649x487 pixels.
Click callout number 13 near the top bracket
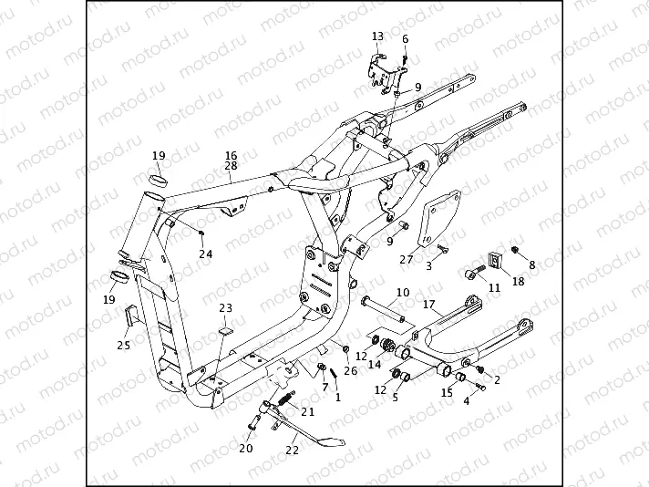click(x=378, y=36)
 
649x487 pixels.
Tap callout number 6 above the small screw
click(x=406, y=39)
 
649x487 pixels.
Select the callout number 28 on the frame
click(x=231, y=166)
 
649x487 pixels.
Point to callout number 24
click(x=205, y=254)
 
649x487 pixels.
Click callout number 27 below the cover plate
click(x=407, y=259)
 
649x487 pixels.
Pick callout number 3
click(x=429, y=265)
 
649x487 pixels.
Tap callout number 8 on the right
click(x=533, y=264)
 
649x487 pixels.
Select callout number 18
click(x=518, y=282)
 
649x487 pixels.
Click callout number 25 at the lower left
click(x=123, y=345)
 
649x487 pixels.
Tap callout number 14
click(x=374, y=364)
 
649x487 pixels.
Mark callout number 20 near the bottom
click(x=246, y=448)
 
